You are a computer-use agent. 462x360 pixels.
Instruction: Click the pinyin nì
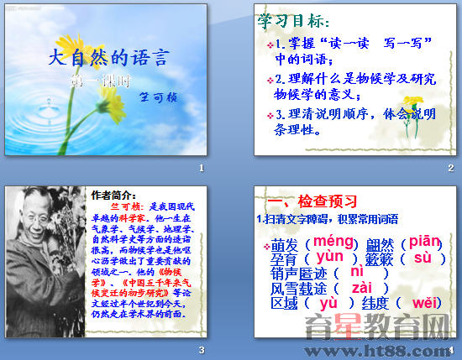[357, 272]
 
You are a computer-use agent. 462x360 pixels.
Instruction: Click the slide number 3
[202, 350]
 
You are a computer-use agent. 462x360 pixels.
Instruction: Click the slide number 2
[450, 169]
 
